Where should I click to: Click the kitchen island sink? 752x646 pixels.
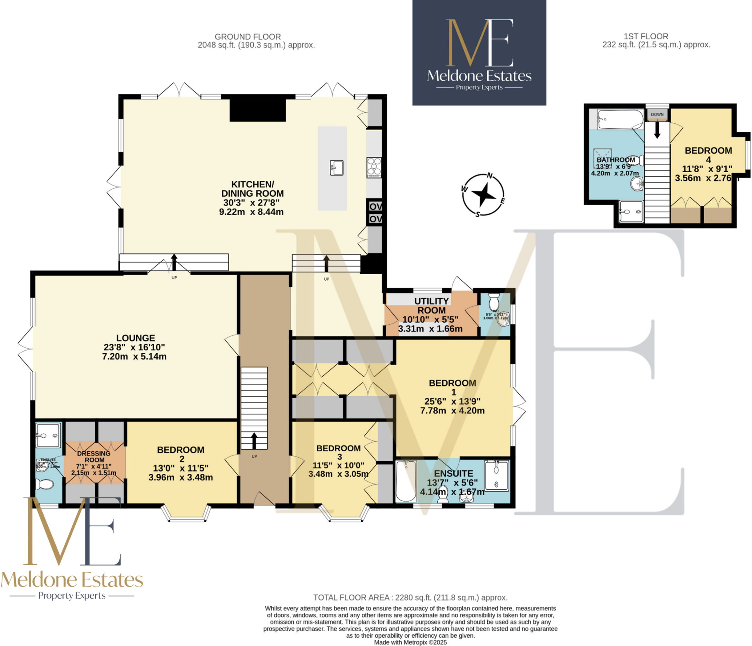pos(336,167)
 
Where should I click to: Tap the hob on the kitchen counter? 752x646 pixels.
pos(374,167)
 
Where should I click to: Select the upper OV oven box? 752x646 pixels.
pos(375,206)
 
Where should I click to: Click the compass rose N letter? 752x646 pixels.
pos(490,176)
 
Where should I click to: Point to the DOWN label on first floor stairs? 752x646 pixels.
pos(657,115)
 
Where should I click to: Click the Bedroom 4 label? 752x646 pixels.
pos(708,155)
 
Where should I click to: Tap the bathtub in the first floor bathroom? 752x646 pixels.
pos(620,119)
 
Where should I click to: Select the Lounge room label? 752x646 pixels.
pos(135,338)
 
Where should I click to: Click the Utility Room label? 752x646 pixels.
pos(431,306)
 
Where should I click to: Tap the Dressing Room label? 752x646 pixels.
pos(94,456)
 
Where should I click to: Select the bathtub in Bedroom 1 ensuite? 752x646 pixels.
pos(406,481)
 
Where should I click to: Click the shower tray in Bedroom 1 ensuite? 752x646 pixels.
pos(496,476)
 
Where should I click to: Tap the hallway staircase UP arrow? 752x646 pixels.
pos(254,440)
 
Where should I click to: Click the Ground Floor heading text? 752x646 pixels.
pos(247,37)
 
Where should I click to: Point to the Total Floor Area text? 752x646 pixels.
pos(410,598)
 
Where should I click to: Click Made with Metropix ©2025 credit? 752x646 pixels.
pos(410,642)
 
